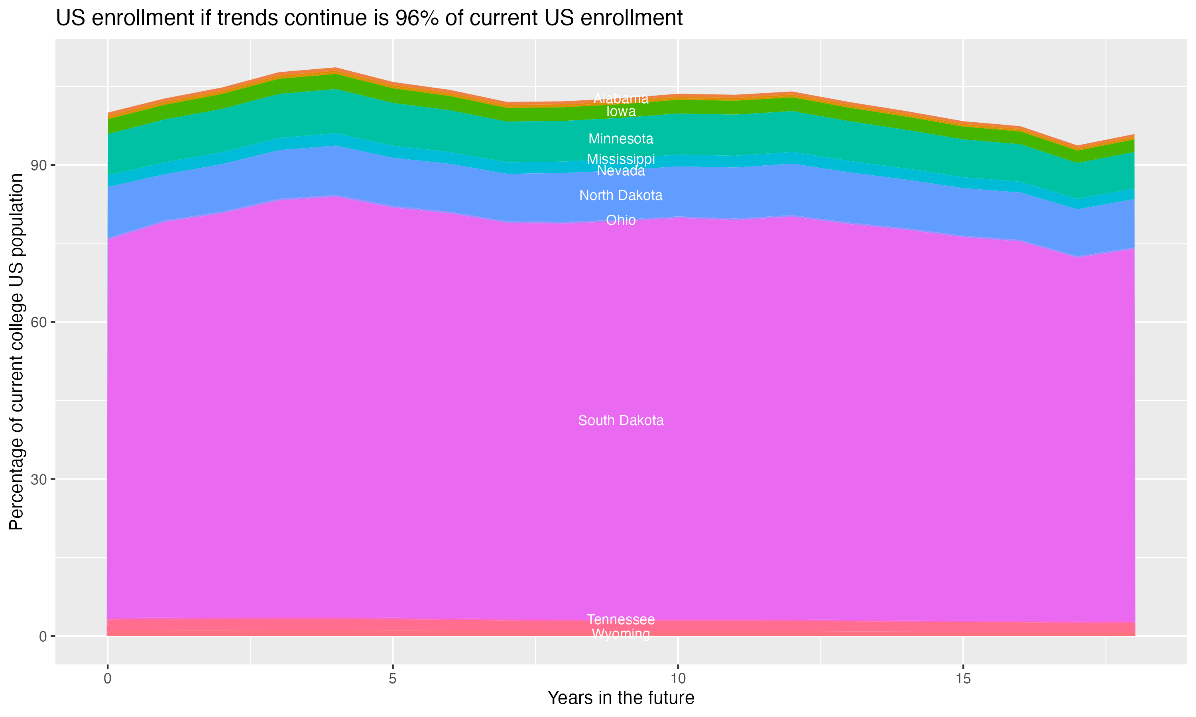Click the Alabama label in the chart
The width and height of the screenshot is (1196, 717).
621,98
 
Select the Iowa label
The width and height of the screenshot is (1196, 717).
621,112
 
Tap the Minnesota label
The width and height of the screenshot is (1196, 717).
621,139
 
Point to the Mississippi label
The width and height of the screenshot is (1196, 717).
621,159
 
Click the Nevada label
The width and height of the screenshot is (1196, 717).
621,171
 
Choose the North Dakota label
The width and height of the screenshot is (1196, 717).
621,196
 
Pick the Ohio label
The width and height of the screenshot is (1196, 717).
621,220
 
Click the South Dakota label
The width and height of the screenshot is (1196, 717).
621,421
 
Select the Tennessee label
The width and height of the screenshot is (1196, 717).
621,619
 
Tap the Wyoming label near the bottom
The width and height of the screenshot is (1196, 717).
621,634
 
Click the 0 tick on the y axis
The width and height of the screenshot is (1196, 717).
43,636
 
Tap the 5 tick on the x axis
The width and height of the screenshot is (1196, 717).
393,679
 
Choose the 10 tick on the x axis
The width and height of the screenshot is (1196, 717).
678,679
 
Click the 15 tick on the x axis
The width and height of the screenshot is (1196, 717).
963,679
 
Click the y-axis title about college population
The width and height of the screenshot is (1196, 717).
16,351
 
